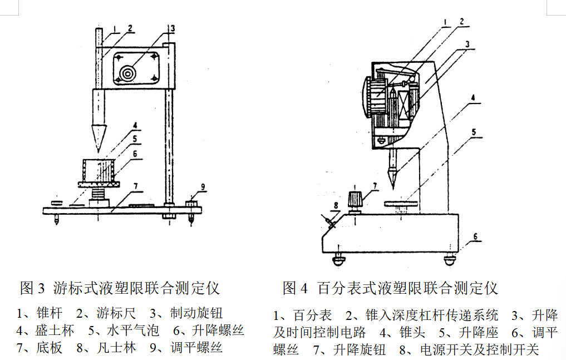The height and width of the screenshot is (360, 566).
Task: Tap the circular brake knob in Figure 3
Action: [x=129, y=73]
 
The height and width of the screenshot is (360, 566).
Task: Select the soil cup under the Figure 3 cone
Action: [x=99, y=169]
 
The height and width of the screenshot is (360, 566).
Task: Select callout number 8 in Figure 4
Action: [x=336, y=205]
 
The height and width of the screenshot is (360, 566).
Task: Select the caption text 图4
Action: [x=295, y=288]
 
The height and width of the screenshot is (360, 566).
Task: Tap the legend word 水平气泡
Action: [x=132, y=331]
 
